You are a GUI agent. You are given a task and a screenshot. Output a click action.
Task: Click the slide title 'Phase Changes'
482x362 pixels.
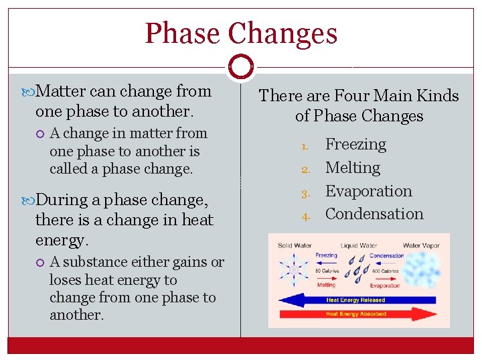point(241,34)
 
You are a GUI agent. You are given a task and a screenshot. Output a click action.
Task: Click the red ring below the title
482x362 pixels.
point(240,67)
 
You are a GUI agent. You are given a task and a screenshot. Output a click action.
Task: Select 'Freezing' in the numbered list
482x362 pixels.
point(355,144)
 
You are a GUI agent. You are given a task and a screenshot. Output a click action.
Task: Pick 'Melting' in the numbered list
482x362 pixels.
point(352,168)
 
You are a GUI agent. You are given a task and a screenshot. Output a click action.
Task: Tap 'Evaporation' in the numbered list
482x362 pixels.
point(368,191)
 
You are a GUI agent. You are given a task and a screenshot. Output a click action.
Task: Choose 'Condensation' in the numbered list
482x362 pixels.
point(374,214)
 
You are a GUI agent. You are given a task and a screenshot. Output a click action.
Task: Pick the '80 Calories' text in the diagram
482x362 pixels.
point(326,270)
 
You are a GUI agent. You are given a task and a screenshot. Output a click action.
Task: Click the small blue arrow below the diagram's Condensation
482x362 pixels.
point(386,263)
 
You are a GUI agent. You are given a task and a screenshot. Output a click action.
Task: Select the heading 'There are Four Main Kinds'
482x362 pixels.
point(359,96)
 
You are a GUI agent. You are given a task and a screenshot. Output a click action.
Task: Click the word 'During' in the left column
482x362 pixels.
point(59,200)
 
